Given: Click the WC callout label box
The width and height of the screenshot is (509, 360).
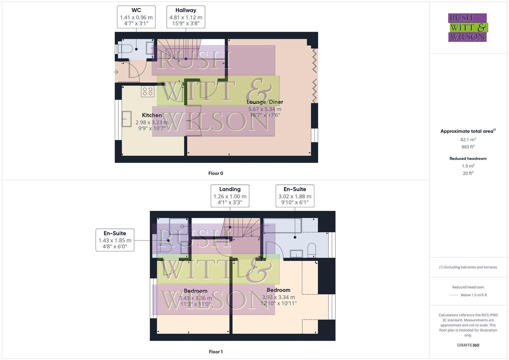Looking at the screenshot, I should click(136, 17).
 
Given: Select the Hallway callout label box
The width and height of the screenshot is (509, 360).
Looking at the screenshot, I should click(186, 17).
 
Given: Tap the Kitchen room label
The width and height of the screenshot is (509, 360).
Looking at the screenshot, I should click(152, 115).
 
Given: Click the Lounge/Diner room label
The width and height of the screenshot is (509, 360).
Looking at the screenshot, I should click(265, 102).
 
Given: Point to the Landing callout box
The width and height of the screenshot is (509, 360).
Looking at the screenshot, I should click(230, 196).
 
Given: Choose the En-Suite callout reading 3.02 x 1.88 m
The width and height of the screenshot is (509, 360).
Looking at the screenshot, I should click(295, 196).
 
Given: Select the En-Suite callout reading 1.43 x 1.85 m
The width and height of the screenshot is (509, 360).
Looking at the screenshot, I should click(115, 240).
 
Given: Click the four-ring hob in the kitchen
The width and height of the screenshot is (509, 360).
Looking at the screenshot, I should click(148, 91).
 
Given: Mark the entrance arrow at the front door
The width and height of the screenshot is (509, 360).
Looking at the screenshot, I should click(116, 72).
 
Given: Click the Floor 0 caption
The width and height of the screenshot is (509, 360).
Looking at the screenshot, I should click(216, 173).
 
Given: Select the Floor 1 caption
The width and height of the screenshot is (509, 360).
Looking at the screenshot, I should click(216, 352).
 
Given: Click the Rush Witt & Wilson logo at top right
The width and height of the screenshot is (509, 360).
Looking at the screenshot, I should click(468, 27).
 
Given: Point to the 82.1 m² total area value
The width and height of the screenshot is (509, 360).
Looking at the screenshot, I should click(468, 140).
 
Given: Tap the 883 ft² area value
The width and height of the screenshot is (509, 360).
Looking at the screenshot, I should click(468, 147).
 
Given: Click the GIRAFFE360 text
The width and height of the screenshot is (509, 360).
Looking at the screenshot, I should click(468, 345).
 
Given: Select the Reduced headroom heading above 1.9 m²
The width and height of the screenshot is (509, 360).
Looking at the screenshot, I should click(468, 159).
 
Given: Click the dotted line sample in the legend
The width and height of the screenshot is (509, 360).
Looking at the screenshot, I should click(454, 295).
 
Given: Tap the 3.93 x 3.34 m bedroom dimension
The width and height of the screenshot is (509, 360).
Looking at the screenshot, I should click(278, 297).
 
